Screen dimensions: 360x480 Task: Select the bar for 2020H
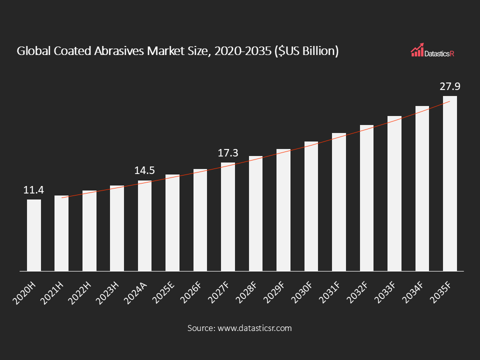(34, 235)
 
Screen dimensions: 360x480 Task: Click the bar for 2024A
(145, 225)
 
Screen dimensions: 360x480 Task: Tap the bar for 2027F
(228, 216)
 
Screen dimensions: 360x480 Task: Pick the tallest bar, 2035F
(450, 183)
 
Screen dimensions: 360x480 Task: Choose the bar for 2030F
(311, 206)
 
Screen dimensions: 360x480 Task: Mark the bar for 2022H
(89, 230)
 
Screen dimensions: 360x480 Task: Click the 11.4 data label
(34, 190)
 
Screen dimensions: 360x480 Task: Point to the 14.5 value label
(144, 170)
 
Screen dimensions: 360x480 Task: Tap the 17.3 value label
(228, 153)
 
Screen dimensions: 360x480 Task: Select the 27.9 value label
(450, 86)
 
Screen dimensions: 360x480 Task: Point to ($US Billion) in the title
(306, 51)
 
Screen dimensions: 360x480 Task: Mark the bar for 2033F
(394, 193)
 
